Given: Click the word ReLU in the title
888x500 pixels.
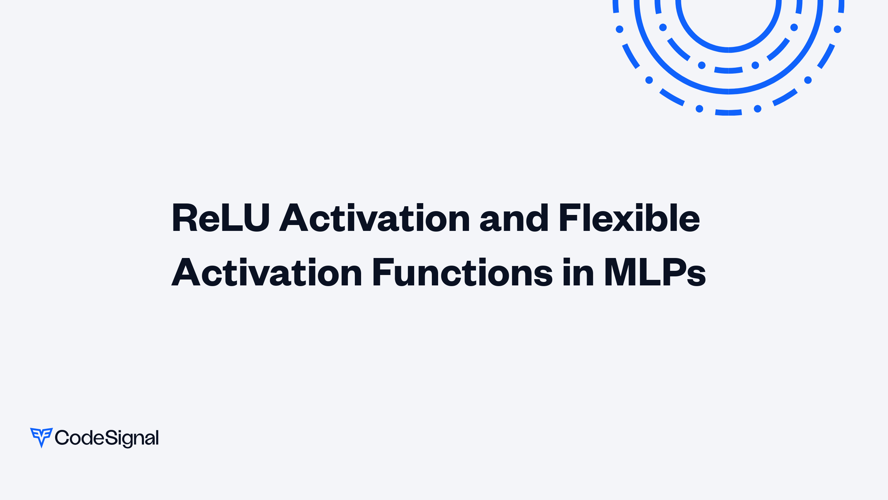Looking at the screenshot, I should tap(221, 218).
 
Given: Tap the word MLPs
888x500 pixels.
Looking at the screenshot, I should tap(655, 273).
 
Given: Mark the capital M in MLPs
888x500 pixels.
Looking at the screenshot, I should tap(620, 273).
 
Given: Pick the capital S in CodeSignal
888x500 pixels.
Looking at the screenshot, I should tap(110, 437).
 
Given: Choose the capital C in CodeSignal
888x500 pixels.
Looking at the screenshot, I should tap(62, 437).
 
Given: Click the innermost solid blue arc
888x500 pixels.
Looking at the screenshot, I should tap(728, 50).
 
